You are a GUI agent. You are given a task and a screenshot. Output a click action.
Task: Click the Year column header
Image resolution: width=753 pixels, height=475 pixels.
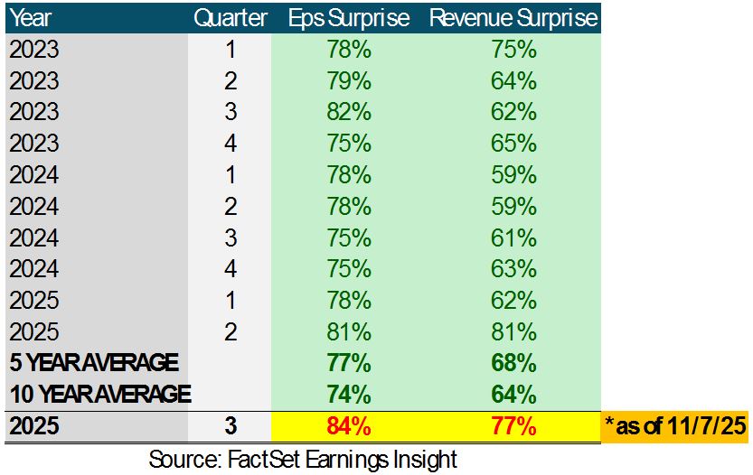(x=31, y=18)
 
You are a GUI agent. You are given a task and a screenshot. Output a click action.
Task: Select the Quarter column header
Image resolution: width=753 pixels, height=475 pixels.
(x=231, y=18)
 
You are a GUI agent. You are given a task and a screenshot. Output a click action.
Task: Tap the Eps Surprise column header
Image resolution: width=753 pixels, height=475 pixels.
(x=348, y=18)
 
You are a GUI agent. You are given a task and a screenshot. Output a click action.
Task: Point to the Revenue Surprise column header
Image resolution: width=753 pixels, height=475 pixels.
(x=513, y=18)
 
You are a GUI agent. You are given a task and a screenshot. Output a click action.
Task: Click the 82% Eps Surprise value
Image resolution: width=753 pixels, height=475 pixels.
(x=348, y=112)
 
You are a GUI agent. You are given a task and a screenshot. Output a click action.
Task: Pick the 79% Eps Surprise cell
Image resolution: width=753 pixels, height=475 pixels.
(x=348, y=81)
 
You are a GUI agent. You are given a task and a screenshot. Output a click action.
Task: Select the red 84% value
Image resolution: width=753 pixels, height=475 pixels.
(x=348, y=425)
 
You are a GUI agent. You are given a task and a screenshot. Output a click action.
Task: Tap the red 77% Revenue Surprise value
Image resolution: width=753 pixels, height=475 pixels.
(x=513, y=425)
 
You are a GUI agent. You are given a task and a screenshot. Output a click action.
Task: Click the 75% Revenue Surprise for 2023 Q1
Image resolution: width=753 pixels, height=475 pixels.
(x=513, y=50)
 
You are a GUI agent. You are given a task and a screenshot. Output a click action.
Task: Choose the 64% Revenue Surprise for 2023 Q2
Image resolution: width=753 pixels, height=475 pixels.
(x=513, y=81)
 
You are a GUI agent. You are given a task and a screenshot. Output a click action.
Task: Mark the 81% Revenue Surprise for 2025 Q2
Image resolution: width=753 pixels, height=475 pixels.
(x=513, y=331)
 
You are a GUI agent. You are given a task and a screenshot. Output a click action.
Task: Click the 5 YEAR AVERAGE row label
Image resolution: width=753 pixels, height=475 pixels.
(x=94, y=363)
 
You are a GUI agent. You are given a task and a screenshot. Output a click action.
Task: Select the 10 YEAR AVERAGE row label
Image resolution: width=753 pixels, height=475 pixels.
(x=100, y=394)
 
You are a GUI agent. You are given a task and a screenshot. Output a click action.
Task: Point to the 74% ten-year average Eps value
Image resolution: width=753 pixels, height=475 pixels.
(x=348, y=394)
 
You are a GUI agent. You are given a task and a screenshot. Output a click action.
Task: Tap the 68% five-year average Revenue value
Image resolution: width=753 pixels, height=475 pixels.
(x=513, y=363)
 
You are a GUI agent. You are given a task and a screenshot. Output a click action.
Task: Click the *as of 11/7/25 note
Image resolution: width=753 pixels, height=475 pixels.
(x=675, y=425)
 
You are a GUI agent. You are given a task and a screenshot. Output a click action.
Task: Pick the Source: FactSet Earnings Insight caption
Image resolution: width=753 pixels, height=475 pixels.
(x=303, y=458)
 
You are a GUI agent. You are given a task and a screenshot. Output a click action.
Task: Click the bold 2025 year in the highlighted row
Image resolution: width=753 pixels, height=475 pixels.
(x=33, y=425)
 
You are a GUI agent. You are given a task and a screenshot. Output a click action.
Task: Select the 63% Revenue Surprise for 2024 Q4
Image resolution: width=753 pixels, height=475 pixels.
(x=513, y=268)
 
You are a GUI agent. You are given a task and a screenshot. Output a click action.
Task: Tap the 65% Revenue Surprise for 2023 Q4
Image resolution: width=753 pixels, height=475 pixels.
(x=513, y=144)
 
